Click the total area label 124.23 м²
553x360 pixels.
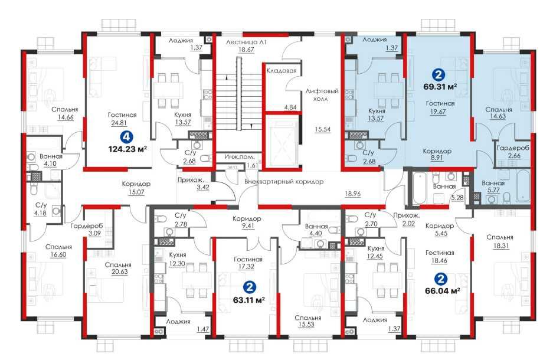(x=127, y=149)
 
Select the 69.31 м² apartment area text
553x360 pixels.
(x=440, y=86)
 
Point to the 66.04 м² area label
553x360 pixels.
(x=442, y=291)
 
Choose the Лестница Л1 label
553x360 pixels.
(x=246, y=42)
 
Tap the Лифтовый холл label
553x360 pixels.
(x=322, y=95)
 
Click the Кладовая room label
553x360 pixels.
(x=281, y=71)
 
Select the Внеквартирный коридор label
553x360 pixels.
(x=284, y=182)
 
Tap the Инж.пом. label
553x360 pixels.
(x=239, y=156)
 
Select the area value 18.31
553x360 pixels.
(x=501, y=246)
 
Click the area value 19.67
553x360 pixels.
(x=438, y=112)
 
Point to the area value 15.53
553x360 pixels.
(x=306, y=325)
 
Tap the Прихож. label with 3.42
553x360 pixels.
(x=193, y=180)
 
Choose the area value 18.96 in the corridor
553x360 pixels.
(x=353, y=194)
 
